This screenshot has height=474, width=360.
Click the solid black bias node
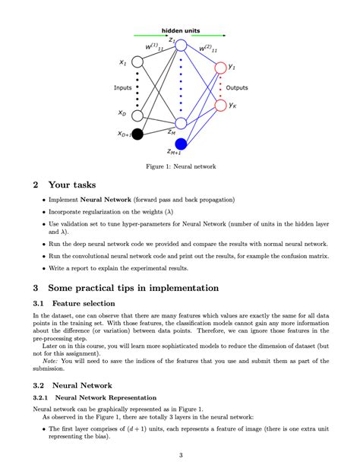pos(137,134)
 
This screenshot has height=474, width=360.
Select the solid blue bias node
pos(181,144)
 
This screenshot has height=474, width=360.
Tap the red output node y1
pos(221,68)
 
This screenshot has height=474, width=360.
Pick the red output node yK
pos(221,105)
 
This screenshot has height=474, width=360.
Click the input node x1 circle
pos(137,62)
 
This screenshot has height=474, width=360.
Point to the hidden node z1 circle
pos(181,45)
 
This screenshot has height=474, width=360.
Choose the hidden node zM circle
pos(181,123)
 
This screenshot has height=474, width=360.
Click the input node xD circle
pos(137,115)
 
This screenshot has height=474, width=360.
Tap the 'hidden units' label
pos(181,30)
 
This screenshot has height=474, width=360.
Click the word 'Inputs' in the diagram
pos(123,87)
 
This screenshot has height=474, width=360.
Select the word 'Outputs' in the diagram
pos(237,87)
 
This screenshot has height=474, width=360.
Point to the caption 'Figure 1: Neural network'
pos(181,166)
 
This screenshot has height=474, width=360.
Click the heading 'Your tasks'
pos(72,185)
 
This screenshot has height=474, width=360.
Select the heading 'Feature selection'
pos(84,303)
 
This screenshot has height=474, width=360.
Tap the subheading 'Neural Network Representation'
pos(106,397)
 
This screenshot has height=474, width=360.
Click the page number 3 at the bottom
pos(181,455)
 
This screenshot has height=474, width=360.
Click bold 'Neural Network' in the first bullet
pos(106,200)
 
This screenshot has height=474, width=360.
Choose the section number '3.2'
pos(39,385)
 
